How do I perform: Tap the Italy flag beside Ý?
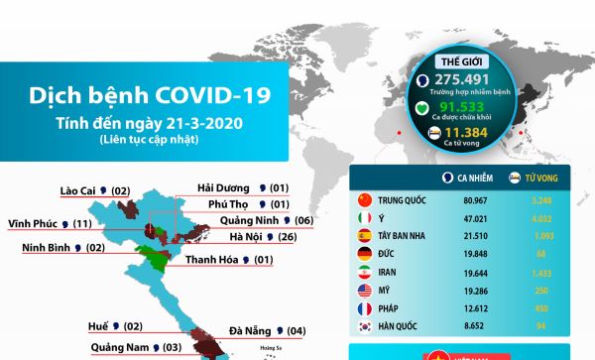(x=363, y=217)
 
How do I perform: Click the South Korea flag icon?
(x=363, y=325)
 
